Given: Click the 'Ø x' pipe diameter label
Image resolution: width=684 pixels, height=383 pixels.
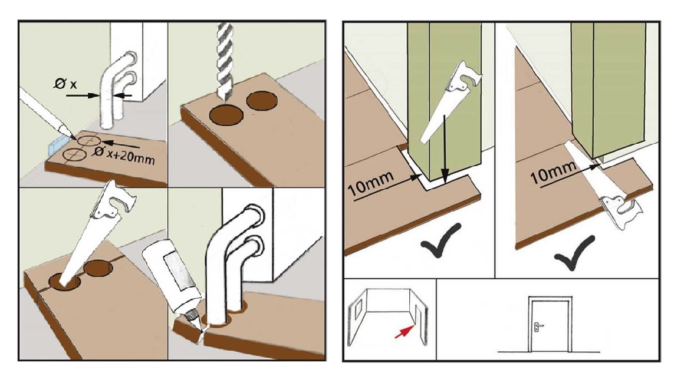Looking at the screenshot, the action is [65, 83].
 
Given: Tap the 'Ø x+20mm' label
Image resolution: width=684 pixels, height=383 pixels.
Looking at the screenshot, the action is [124, 155].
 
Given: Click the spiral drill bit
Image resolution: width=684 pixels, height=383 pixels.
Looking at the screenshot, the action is [225, 61].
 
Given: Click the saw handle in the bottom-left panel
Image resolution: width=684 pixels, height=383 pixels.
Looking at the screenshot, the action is [118, 200].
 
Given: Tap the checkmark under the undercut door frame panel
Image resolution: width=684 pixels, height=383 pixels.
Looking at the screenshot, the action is [576, 251].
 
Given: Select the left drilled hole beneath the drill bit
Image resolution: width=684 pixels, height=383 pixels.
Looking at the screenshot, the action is [226, 114].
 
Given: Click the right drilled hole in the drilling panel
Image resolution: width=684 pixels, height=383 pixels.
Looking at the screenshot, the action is [262, 101].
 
